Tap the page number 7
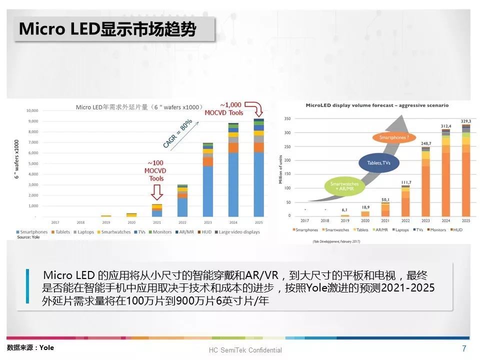(x=464, y=348)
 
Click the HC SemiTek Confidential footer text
(x=245, y=350)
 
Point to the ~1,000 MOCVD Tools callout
(x=223, y=108)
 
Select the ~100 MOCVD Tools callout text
(x=156, y=170)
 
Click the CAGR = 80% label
(x=177, y=133)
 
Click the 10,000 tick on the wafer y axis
(x=32, y=110)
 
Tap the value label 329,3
(x=465, y=121)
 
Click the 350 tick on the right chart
(x=287, y=119)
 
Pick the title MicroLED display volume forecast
(x=377, y=105)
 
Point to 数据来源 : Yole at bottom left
(x=30, y=347)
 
